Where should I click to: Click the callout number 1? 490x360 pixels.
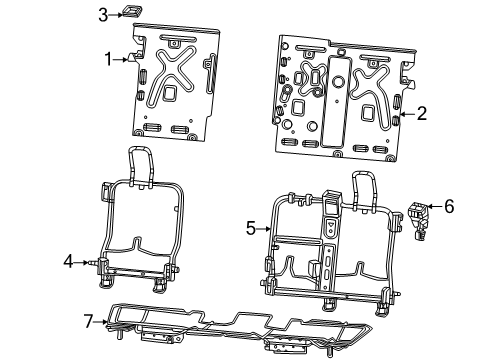pos(108,59)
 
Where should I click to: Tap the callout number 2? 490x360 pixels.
pos(422,114)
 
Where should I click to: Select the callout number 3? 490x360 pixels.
pos(103,13)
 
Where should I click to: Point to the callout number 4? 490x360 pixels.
pos(68,262)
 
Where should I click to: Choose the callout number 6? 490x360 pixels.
pos(449,207)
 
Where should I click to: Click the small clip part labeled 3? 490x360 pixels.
pos(130,12)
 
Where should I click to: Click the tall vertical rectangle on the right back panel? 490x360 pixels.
pos(338,99)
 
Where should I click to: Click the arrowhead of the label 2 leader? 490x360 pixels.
pos(403,115)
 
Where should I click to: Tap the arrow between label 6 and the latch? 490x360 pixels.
pos(432,208)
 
